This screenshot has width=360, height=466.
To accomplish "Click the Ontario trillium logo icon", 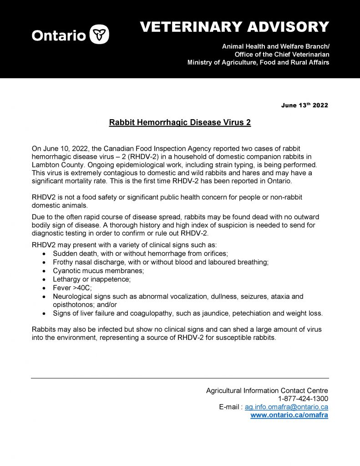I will point(99,35).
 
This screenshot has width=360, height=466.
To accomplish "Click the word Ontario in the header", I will point(58,35).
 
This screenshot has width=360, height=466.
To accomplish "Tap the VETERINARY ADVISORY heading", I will point(234,27).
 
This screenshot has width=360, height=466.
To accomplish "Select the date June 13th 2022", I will point(304,106).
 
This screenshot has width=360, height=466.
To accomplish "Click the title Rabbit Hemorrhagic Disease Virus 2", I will point(180,123).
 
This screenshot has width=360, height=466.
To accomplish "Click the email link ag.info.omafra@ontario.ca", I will point(286,407).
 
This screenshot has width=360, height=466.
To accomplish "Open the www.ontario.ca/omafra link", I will point(289,415).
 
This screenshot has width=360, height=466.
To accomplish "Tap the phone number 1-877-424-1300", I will point(303,399).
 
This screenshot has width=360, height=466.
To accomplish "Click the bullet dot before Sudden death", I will point(44,253).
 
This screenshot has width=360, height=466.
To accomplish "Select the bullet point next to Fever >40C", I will point(44,288).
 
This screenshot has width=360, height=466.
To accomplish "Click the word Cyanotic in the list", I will point(67,271).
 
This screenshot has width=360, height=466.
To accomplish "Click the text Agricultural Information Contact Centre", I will point(267,390).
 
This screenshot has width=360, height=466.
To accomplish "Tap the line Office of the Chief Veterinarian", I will point(282,55).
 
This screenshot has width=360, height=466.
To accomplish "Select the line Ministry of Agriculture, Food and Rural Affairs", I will point(258,62).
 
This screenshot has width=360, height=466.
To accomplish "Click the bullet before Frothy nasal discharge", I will point(44,262).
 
